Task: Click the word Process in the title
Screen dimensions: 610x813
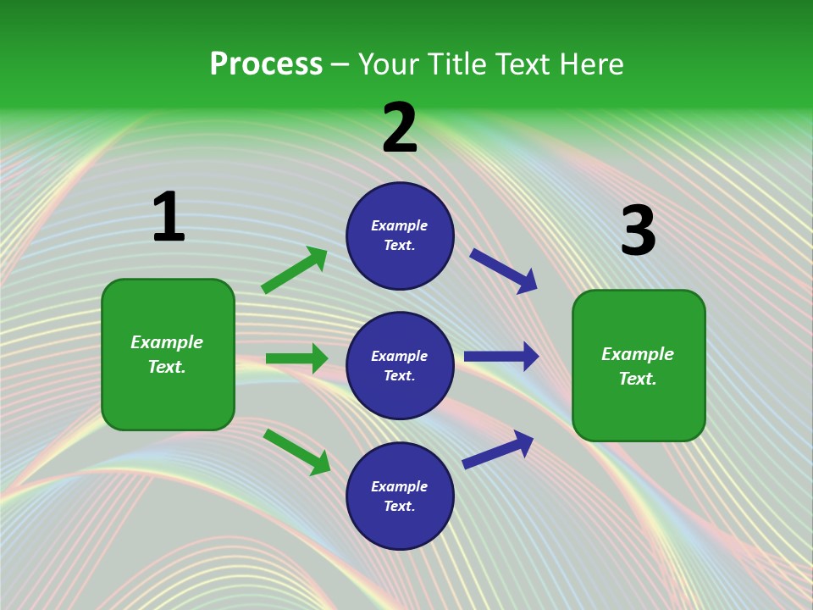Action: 266,64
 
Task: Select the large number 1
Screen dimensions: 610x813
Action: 169,218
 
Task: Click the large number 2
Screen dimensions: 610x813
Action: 400,128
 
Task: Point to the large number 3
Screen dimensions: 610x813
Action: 638,230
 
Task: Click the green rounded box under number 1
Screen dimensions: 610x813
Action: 168,354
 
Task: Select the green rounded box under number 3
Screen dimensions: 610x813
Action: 639,365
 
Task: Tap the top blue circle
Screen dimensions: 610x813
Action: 400,236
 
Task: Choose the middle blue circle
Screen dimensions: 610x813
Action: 400,365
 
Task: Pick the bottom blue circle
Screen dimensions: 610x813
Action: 400,496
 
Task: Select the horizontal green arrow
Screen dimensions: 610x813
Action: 296,358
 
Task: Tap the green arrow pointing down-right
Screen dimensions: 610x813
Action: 296,452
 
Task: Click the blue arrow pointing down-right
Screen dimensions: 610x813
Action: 503,270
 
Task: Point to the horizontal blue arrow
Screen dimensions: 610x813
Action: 501,356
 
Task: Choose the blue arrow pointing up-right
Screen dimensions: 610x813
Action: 498,449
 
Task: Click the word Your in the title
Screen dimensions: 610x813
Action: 388,64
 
